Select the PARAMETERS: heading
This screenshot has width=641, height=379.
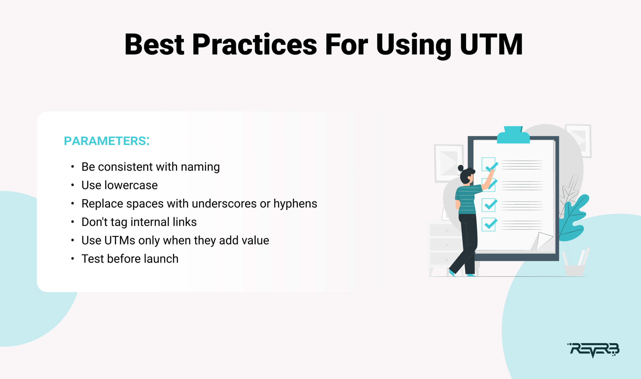[107, 141]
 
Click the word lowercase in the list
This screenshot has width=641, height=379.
[131, 185]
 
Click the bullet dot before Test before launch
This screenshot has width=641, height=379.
[73, 259]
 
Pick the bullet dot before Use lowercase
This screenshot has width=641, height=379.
[73, 185]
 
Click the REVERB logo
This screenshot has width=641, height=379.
[593, 350]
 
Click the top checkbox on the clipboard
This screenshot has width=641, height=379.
[489, 164]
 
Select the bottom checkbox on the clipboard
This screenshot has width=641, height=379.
[489, 224]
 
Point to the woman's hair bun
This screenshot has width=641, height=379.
[460, 168]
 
